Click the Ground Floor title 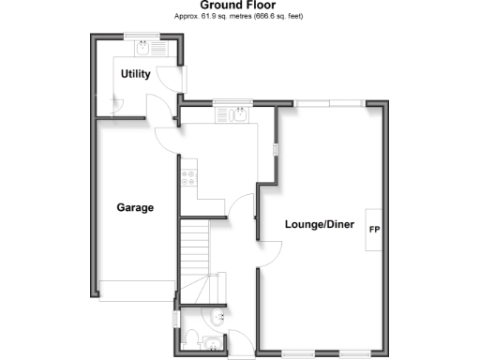tap(239, 6)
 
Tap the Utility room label tap(135, 74)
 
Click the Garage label tap(135, 207)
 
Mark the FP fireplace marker tap(374, 230)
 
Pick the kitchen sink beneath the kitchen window tap(230, 115)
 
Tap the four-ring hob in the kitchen tap(188, 172)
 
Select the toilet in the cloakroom tap(189, 337)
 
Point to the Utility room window tap(143, 37)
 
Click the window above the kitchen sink tap(232, 102)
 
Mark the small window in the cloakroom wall tap(176, 319)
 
